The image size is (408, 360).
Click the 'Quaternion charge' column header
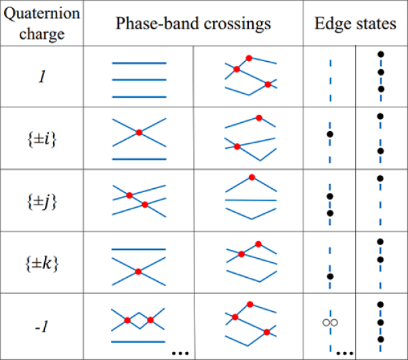(42, 24)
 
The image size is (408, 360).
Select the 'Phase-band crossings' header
(194, 24)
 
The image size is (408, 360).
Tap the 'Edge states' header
(356, 24)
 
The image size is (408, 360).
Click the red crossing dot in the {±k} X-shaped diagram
(138, 272)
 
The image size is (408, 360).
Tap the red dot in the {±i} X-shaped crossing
(139, 133)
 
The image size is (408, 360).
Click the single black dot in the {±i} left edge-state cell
(330, 134)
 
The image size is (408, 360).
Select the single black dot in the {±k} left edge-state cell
(330, 276)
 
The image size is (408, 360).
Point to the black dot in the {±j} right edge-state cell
(380, 179)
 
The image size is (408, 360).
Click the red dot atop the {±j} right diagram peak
(252, 177)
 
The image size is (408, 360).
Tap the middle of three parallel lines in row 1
(139, 80)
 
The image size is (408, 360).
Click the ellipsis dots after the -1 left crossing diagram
(180, 352)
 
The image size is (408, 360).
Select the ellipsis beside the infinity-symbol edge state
(344, 352)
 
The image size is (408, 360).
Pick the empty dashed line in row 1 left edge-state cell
(330, 80)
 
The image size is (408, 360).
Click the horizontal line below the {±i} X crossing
(139, 159)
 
